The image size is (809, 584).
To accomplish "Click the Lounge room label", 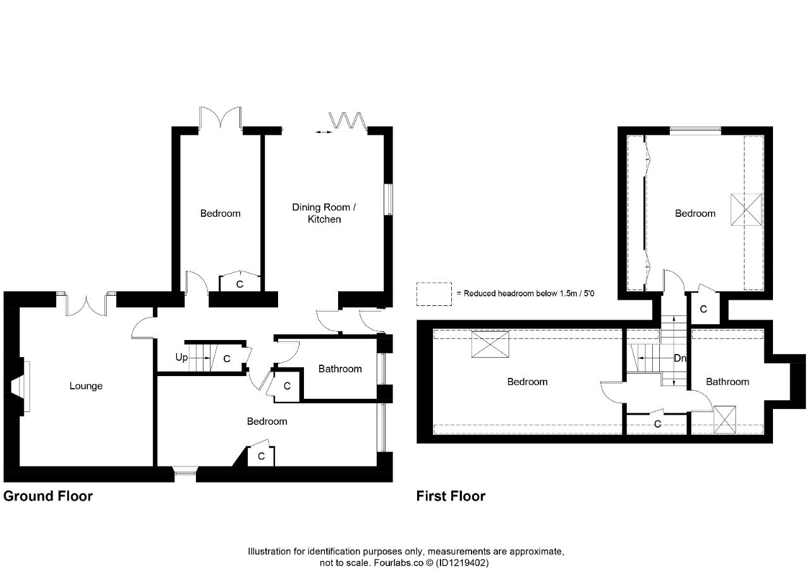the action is [x=86, y=386].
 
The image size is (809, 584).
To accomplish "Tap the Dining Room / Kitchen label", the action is [x=324, y=213].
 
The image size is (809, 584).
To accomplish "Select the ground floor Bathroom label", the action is [x=340, y=368].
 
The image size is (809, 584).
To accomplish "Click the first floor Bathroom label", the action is [x=727, y=382].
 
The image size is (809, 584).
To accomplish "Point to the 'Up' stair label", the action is [x=181, y=358].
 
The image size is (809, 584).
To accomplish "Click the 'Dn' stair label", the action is [x=679, y=358].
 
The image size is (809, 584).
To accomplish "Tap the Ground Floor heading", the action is [x=48, y=496].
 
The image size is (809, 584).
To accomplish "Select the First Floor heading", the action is [x=451, y=496].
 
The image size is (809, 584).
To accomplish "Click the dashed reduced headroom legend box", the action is [x=434, y=294].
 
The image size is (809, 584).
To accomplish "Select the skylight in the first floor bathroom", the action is [x=725, y=419].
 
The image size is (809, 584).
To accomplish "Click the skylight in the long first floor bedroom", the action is [x=490, y=344].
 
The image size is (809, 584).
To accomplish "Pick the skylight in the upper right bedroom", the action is [x=746, y=209].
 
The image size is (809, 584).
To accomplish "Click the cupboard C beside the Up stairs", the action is [x=227, y=358].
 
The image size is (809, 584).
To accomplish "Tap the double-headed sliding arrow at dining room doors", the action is [x=323, y=132].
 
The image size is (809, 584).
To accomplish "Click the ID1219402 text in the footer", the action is [x=462, y=563].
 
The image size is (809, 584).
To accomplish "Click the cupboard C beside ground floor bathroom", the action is [x=287, y=386].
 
